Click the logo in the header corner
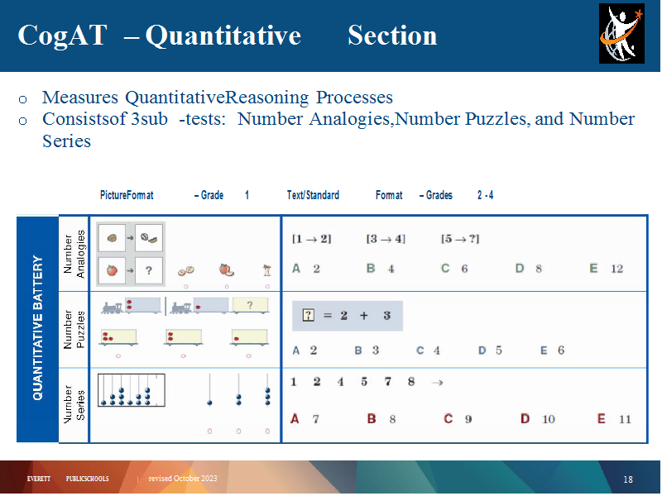(622, 34)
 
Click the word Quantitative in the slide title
(223, 36)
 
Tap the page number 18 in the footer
(628, 479)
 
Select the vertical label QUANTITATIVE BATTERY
(38, 327)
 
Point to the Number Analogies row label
(74, 254)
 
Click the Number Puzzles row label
(74, 329)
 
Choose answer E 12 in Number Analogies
(607, 269)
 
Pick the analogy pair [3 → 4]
(386, 239)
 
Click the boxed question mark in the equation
(309, 315)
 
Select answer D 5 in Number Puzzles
(490, 351)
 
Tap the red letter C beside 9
(448, 419)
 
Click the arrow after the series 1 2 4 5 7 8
(438, 383)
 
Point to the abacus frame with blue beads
(132, 390)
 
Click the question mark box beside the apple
(149, 270)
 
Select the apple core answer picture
(266, 270)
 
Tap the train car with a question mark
(251, 305)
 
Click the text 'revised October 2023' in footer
(183, 479)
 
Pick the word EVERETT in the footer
(38, 479)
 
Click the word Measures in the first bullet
(80, 98)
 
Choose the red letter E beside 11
(602, 419)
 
